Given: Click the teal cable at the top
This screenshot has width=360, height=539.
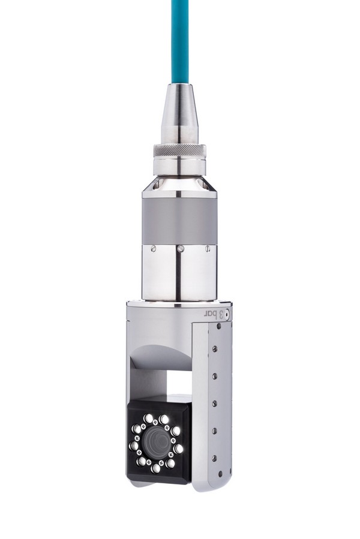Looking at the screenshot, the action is [x=180, y=41].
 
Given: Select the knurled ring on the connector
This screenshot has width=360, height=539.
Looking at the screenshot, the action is [x=179, y=150].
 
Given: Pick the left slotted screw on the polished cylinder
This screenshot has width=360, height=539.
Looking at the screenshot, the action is [x=153, y=248].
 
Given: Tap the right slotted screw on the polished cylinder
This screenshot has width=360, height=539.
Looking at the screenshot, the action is [x=208, y=248].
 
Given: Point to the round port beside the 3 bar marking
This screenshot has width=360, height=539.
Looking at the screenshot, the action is [x=227, y=315].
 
